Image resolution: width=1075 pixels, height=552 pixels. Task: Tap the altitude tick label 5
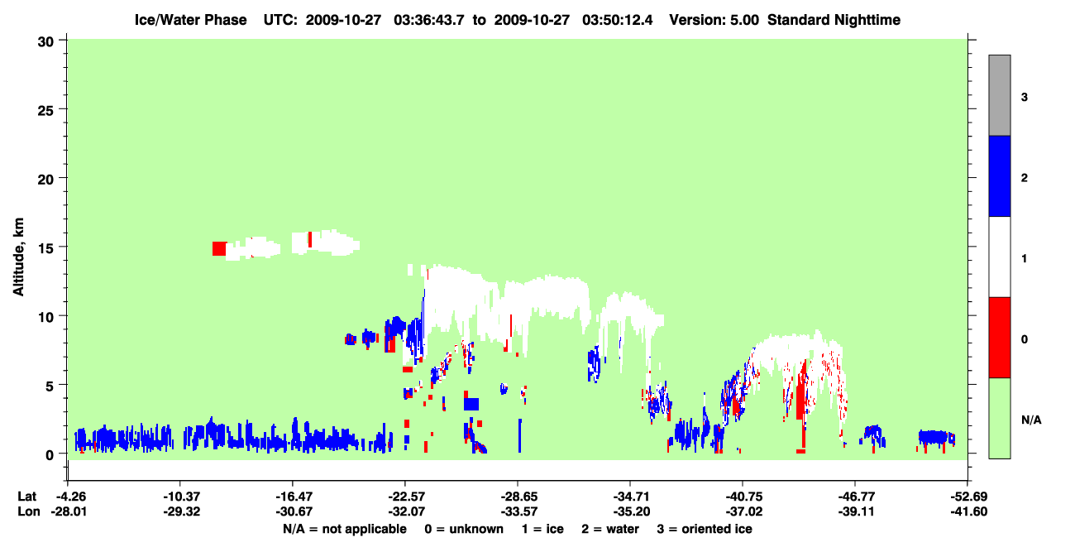50,386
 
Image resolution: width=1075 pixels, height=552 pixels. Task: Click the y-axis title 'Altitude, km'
18,257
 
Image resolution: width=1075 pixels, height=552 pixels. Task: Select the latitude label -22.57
407,497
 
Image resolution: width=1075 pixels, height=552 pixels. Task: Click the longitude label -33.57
518,511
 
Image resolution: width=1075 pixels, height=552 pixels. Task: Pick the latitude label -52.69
968,497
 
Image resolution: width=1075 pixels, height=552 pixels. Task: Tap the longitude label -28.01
69,511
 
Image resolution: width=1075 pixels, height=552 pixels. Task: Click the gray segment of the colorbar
999,95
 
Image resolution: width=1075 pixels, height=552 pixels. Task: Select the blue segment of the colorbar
999,175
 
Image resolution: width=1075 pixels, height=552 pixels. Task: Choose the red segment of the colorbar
999,338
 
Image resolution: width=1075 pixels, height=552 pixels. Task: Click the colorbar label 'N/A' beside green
1031,420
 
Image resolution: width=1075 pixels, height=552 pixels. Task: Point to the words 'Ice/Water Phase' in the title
190,20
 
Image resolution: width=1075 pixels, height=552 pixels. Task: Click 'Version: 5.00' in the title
714,20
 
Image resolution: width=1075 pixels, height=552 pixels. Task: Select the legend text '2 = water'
610,529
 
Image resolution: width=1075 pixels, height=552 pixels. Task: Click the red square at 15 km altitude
219,248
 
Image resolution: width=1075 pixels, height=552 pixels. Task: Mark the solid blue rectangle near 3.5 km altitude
471,404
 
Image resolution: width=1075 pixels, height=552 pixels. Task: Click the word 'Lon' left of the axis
29,511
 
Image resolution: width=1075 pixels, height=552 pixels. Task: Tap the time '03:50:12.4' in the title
617,20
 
